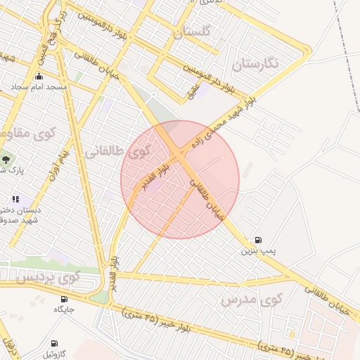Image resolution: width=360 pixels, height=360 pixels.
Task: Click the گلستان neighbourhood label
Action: (191, 32)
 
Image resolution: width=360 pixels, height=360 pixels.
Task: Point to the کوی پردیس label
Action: (49, 278)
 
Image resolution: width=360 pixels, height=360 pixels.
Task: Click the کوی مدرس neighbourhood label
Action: (246, 301)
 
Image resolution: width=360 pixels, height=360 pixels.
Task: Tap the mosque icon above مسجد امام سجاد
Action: (38, 77)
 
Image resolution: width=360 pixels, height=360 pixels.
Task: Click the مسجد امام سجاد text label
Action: (38, 87)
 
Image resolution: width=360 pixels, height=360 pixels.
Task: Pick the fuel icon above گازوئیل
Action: (54, 344)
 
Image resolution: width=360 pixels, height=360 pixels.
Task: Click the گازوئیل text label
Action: (54, 353)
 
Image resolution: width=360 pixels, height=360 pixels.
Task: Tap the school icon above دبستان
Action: (15, 200)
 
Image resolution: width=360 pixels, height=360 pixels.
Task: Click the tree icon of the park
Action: (6, 160)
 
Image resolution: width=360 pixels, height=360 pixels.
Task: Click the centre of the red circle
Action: (180, 179)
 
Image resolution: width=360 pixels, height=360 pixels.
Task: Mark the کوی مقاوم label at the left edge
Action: (15, 132)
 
